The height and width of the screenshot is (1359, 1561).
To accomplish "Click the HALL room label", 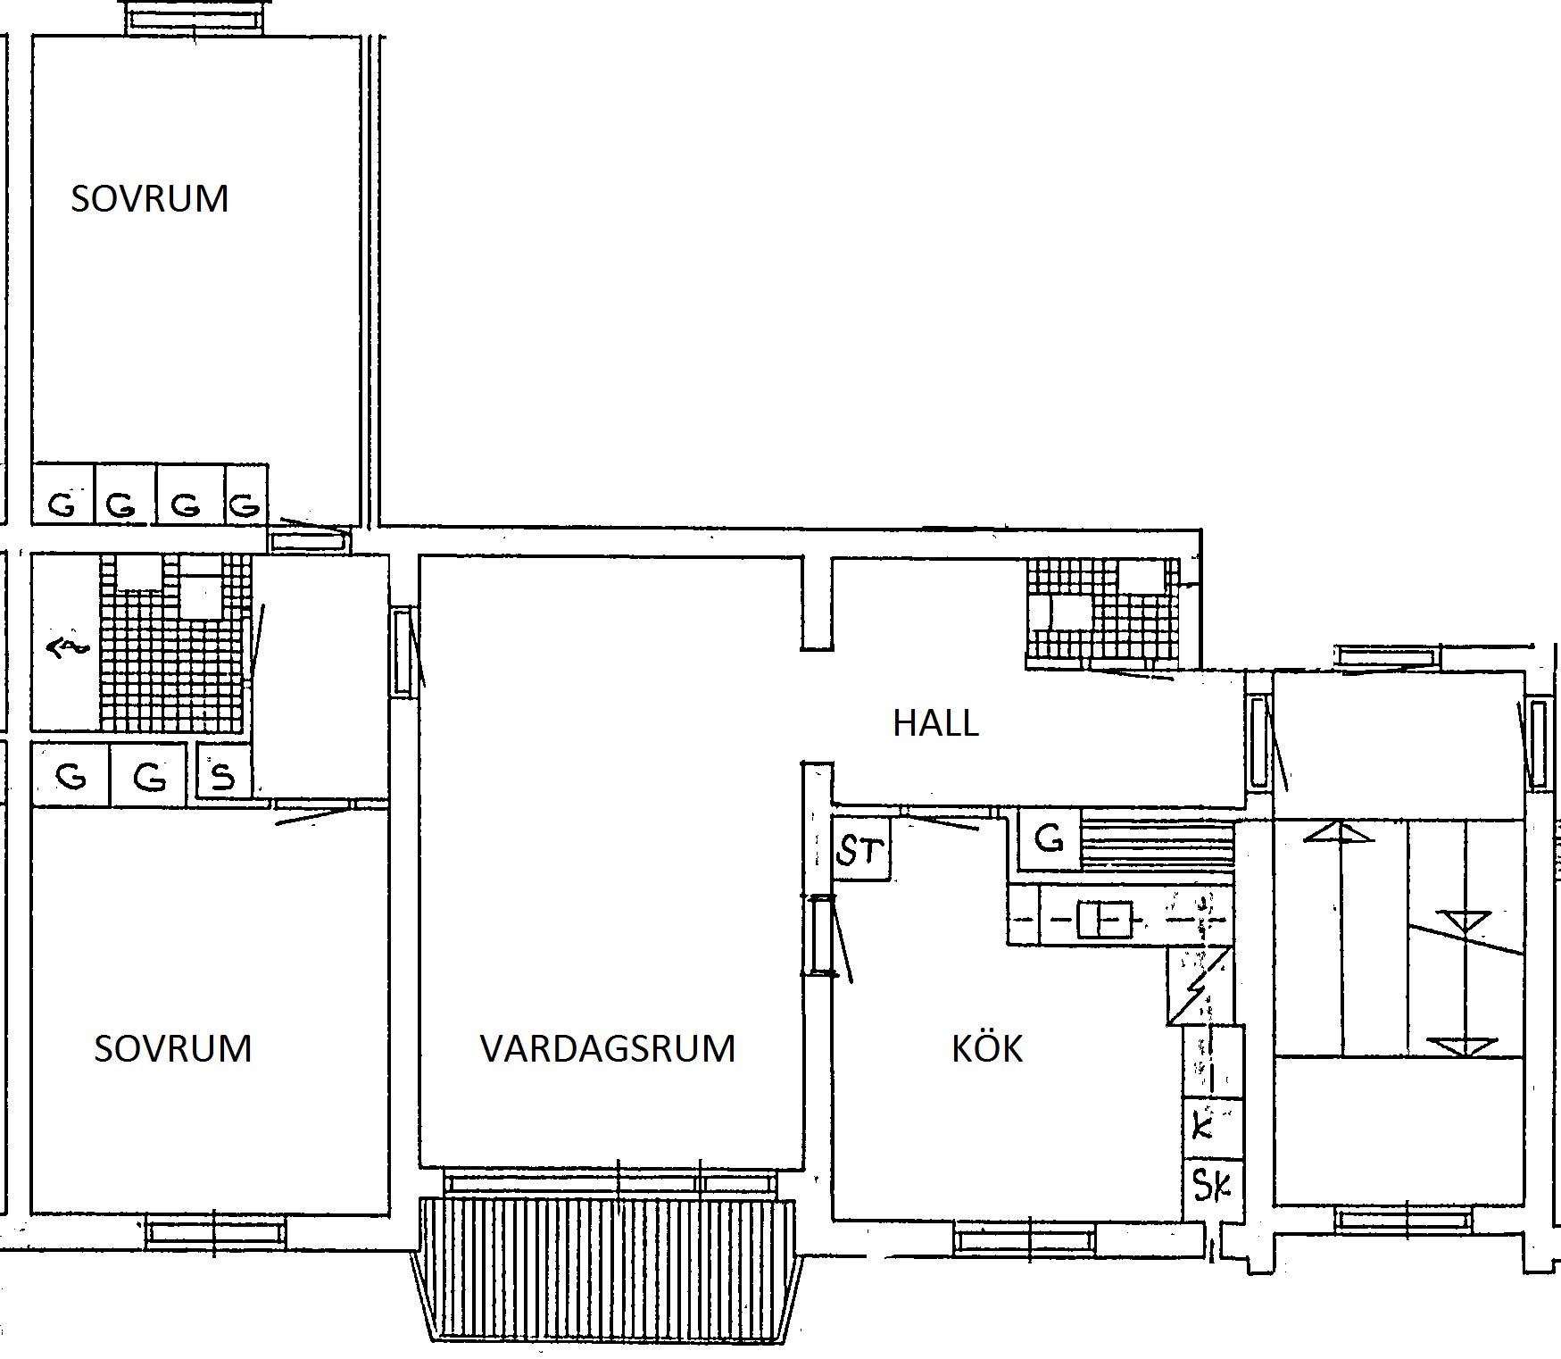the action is (x=935, y=722).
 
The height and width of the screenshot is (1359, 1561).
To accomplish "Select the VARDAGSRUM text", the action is (x=608, y=1048).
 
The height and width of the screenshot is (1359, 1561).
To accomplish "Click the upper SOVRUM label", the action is (x=150, y=198).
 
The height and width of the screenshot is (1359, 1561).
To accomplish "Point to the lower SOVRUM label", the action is (x=173, y=1048).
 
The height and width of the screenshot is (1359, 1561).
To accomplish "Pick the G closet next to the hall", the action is (x=1049, y=839).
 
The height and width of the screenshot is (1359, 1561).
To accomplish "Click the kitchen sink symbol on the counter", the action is (x=1104, y=919).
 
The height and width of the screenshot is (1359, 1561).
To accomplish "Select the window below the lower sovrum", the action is (x=217, y=1233).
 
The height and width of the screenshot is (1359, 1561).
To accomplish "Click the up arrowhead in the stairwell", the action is (x=1339, y=832).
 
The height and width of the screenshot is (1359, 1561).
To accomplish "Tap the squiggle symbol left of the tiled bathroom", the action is (x=67, y=647).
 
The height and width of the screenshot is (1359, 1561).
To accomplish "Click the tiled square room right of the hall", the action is (x=1103, y=613).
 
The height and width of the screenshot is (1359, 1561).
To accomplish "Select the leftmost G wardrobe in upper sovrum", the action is (x=63, y=493).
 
